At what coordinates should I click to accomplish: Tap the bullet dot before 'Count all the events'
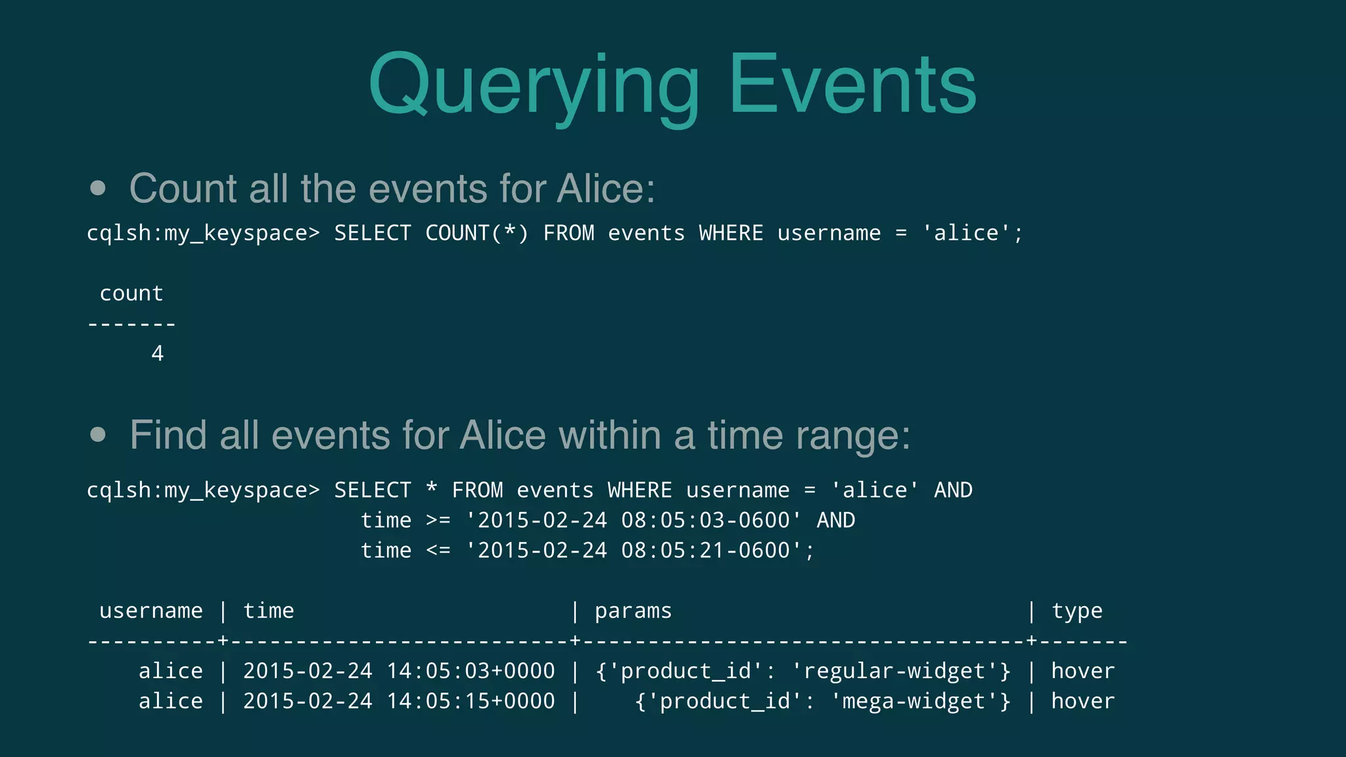click(98, 189)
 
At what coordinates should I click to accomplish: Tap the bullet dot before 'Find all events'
click(98, 435)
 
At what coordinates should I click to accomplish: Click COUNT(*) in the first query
click(476, 233)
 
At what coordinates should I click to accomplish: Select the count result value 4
click(157, 354)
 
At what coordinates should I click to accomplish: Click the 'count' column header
click(131, 293)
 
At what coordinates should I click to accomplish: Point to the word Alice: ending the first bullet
click(605, 189)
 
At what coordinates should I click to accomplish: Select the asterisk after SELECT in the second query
click(431, 490)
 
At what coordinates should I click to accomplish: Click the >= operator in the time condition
click(438, 520)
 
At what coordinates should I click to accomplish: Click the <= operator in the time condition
click(438, 551)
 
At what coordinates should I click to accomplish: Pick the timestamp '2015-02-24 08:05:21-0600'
click(634, 551)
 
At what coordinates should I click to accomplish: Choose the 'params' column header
click(633, 611)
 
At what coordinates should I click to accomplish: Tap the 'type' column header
click(1077, 611)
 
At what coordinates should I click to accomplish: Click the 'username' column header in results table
click(151, 611)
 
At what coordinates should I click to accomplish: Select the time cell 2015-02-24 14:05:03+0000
click(399, 671)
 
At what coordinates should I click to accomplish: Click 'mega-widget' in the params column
click(913, 701)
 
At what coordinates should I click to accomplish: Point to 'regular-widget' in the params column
click(894, 671)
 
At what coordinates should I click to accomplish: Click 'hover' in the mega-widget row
click(1082, 701)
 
